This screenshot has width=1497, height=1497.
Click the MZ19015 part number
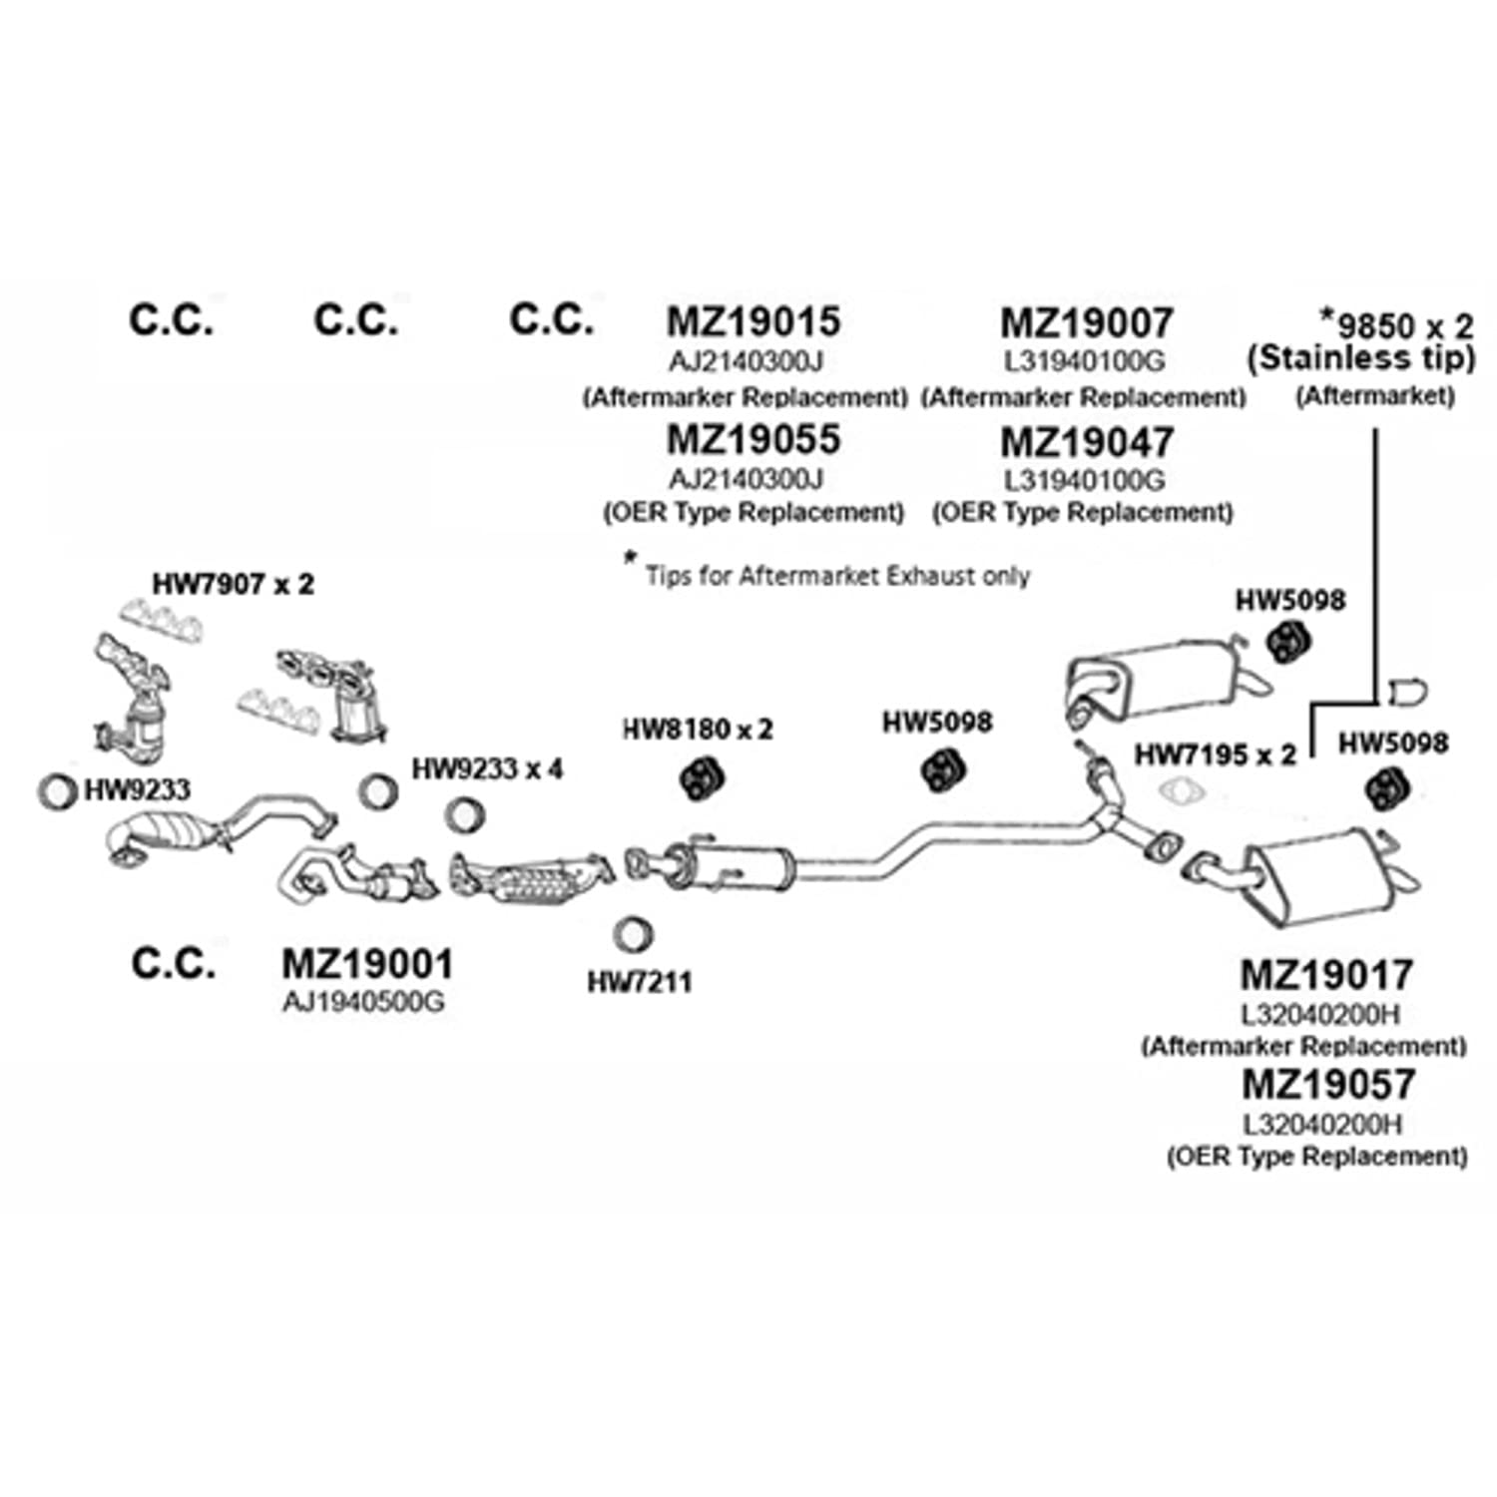(753, 321)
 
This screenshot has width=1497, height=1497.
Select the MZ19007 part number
(1087, 322)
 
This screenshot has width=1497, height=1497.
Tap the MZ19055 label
(753, 439)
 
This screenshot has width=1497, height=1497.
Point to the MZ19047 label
(1087, 442)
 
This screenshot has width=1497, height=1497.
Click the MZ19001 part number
(367, 964)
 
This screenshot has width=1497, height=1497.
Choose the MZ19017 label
(1326, 975)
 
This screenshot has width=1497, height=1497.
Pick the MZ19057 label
(1328, 1085)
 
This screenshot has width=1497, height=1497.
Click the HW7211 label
(639, 982)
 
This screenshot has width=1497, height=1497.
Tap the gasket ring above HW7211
(632, 934)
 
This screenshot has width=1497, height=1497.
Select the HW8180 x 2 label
(698, 730)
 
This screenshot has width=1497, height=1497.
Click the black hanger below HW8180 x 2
(703, 777)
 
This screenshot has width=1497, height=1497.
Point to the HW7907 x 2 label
(233, 584)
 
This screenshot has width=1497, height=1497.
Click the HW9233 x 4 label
(487, 769)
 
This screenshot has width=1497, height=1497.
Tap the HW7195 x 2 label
(1215, 755)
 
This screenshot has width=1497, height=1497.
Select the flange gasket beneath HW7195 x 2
(1182, 792)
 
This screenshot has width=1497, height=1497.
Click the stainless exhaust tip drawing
(1407, 692)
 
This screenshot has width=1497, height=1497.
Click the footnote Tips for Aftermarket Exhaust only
(836, 576)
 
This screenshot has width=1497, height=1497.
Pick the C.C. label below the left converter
(173, 963)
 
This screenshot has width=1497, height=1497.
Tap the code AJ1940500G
(363, 1001)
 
